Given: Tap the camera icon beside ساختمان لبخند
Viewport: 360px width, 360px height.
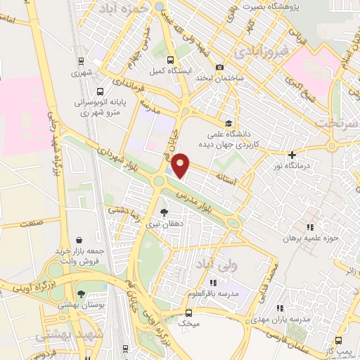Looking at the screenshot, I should (220, 67).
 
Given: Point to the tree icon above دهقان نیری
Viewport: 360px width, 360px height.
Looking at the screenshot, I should (165, 212).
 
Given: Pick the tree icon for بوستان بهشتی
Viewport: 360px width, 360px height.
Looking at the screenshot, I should (82, 294).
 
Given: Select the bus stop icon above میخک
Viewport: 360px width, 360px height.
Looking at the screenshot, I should (188, 313).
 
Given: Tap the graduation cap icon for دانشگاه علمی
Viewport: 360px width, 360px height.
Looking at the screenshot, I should (228, 122).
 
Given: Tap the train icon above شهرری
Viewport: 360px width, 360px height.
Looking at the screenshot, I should (82, 61).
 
